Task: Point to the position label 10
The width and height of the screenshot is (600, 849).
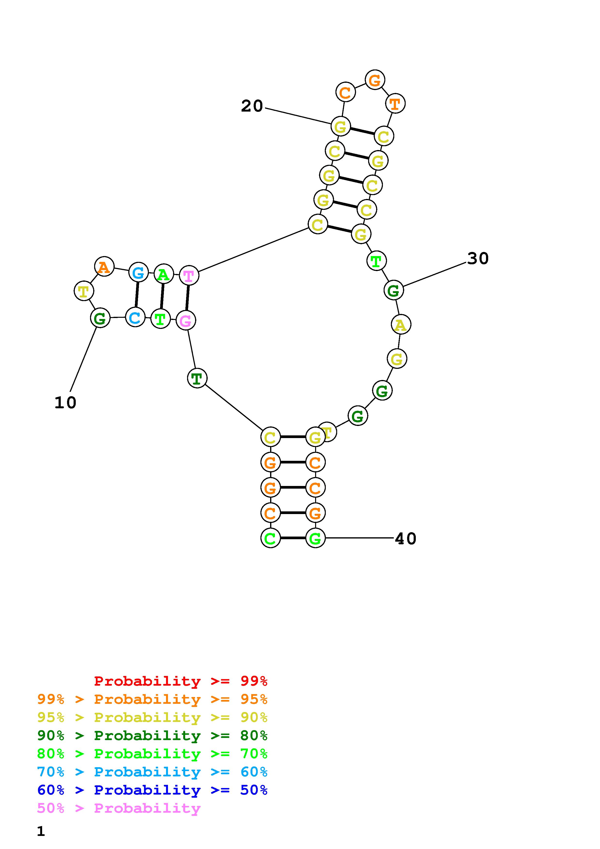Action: tap(65, 403)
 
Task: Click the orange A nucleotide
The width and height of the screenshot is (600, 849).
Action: tap(104, 266)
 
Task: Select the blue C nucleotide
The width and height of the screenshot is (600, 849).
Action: tap(135, 317)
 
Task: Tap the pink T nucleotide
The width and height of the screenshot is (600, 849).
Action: tap(189, 275)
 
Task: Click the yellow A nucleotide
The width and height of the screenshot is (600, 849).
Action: tap(401, 324)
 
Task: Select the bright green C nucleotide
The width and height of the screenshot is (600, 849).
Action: tap(270, 538)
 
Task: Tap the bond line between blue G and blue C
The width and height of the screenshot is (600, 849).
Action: tap(137, 295)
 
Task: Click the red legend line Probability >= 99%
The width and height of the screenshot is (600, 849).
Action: tap(181, 681)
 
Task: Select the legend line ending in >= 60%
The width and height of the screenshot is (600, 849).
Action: tap(152, 772)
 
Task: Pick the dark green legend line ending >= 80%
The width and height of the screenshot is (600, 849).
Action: tap(152, 736)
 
